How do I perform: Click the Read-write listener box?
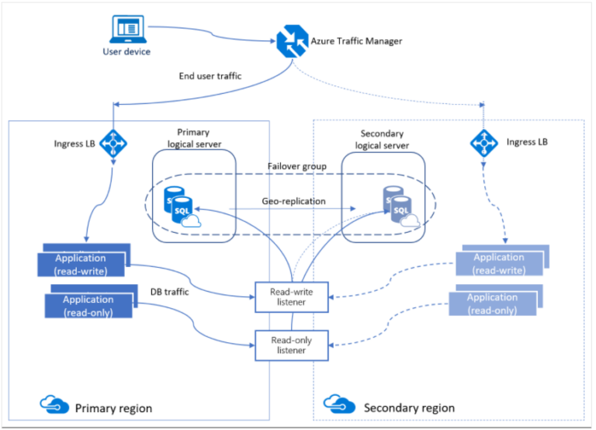tap(291, 296)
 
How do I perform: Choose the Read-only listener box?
tap(291, 345)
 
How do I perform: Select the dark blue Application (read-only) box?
tap(88, 306)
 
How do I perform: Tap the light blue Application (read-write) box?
tap(498, 264)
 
